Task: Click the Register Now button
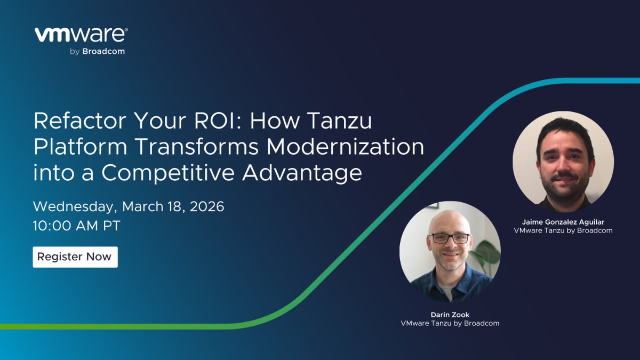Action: (x=75, y=257)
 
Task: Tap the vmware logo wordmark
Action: (x=81, y=35)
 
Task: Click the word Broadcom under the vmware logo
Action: (x=103, y=52)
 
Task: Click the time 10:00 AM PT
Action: (x=76, y=225)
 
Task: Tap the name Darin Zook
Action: (x=450, y=314)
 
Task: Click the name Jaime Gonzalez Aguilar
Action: (x=563, y=222)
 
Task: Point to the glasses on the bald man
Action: (x=450, y=238)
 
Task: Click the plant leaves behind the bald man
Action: (x=486, y=253)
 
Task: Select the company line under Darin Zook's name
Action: (x=450, y=323)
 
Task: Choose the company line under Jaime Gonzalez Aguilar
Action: (x=563, y=231)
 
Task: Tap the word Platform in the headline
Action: (x=74, y=147)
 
